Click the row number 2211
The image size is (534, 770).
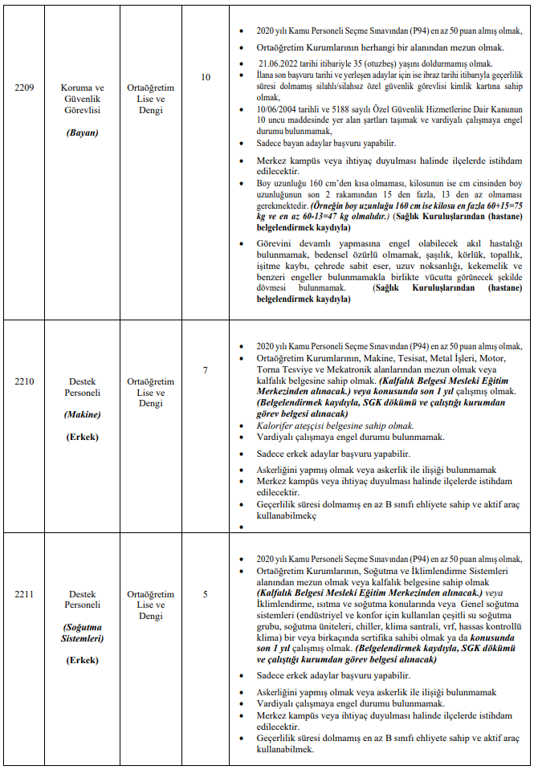pos(24,594)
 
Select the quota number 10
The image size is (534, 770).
pos(206,78)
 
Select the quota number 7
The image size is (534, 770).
pos(206,370)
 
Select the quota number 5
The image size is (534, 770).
pos(206,594)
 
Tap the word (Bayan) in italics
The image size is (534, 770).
pos(82,132)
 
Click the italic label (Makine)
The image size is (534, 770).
pos(82,415)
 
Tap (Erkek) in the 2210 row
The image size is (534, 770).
pos(82,437)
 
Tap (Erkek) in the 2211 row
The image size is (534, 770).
pos(82,660)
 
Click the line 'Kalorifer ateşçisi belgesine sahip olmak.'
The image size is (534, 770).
pos(335,426)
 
